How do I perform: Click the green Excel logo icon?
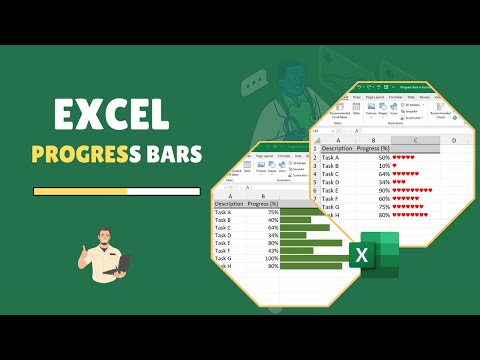click(x=373, y=256)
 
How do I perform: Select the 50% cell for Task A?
click(x=383, y=156)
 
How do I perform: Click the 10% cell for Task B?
click(x=383, y=165)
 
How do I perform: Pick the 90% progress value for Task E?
click(x=383, y=190)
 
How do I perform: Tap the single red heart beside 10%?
click(x=396, y=165)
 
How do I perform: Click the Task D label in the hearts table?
click(x=332, y=181)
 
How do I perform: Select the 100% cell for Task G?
click(x=270, y=258)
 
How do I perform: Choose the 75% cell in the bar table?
click(x=272, y=212)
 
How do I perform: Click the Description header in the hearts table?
click(x=338, y=147)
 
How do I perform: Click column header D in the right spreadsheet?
click(x=454, y=139)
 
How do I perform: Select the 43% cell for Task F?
click(x=272, y=249)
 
